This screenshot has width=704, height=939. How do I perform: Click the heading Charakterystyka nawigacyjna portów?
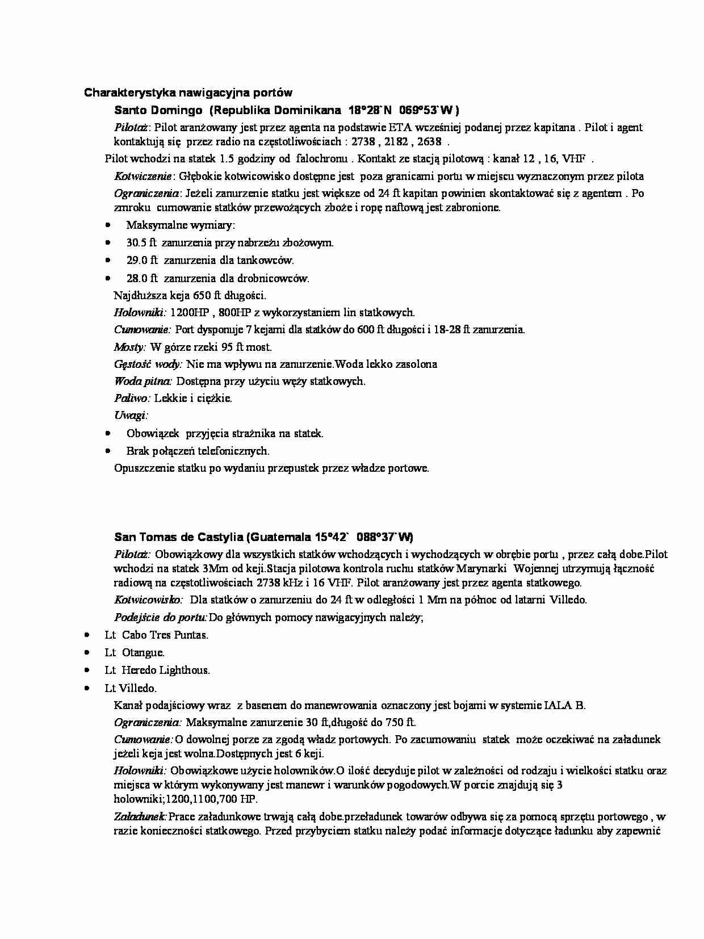point(188,93)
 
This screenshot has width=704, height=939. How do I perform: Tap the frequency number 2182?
point(396,142)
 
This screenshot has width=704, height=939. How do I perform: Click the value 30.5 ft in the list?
point(141,243)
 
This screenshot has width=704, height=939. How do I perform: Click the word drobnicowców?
point(276,278)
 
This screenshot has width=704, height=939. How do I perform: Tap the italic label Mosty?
point(129,347)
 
